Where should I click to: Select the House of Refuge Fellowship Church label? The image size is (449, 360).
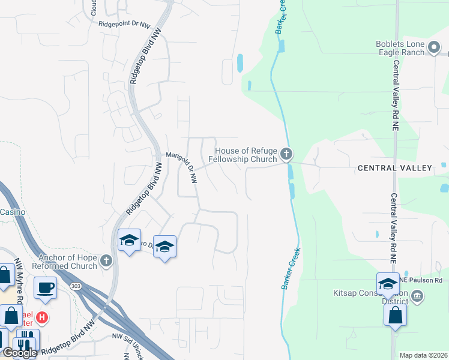point(243,155)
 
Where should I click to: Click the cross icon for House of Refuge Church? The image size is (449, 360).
point(286,155)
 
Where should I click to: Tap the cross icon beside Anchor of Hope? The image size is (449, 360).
point(106,261)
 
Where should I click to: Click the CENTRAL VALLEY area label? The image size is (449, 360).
point(394,168)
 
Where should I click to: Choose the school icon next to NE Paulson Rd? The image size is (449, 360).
point(388,284)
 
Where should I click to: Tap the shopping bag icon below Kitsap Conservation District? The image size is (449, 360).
point(396,316)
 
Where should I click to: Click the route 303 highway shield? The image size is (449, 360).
point(76,286)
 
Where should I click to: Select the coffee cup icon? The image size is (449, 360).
point(46,288)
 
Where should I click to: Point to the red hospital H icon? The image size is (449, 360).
point(41,316)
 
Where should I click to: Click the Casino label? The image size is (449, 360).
point(12,212)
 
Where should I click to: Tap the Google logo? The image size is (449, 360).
point(19,353)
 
